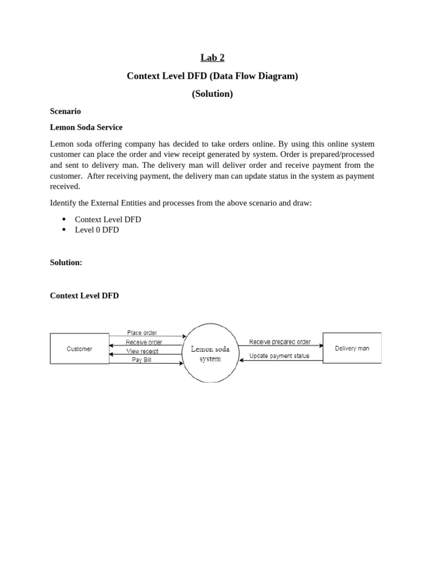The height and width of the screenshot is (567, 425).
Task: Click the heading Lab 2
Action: (212, 58)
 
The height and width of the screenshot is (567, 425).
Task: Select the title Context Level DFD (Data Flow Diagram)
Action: (212, 76)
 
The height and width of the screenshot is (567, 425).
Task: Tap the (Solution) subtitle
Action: (212, 94)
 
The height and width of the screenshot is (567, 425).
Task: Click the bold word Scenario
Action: (65, 111)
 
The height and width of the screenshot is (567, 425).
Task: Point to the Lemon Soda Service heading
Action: (86, 127)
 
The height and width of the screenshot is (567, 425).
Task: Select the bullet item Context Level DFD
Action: (107, 219)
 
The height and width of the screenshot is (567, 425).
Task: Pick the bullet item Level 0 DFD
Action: (96, 230)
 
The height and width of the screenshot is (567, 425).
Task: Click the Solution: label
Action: (66, 262)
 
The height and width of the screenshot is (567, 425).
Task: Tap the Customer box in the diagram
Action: (80, 349)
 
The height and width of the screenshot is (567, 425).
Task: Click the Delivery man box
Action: (352, 348)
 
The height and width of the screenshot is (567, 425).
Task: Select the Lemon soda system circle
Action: (210, 353)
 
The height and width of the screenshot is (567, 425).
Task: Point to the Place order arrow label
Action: (142, 333)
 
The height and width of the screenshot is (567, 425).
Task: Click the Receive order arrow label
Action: (144, 342)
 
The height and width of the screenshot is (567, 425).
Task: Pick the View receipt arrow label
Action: (142, 351)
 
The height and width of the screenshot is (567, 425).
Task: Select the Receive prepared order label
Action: (279, 342)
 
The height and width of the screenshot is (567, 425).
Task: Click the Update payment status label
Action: (279, 356)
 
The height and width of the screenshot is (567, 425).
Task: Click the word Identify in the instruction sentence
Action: (64, 203)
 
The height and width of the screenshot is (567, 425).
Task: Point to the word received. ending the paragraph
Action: (65, 187)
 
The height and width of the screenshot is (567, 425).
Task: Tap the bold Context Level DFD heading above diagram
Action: (84, 296)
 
